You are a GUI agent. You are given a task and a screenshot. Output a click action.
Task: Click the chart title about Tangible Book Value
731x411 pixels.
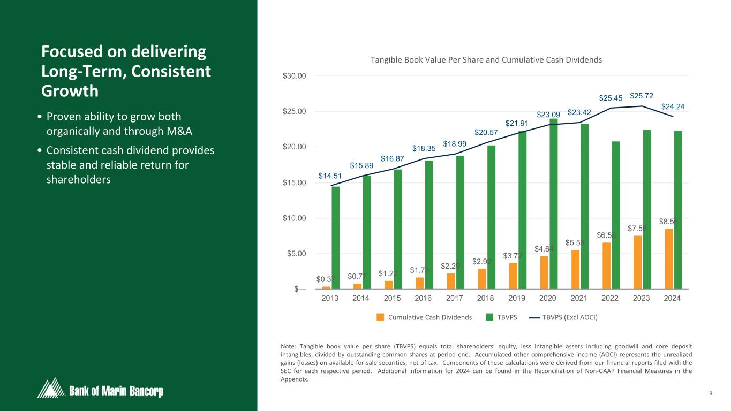click(486, 60)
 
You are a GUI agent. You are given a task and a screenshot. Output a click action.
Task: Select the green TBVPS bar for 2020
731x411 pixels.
click(554, 203)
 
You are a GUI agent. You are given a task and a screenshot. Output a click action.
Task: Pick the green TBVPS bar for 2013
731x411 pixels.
click(336, 238)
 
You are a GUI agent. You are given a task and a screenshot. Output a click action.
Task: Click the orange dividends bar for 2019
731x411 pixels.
click(514, 276)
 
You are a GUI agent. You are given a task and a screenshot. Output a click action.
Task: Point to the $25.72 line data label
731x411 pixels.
click(641, 96)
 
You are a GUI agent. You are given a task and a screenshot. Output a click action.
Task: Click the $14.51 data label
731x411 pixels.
click(329, 176)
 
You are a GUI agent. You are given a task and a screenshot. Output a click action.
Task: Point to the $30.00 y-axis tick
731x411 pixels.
click(295, 75)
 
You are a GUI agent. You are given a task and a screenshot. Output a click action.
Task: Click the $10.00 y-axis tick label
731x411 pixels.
click(295, 218)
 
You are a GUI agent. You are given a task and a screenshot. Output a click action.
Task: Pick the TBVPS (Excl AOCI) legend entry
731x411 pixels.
click(570, 317)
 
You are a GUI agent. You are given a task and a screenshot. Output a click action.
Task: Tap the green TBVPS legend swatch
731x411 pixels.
click(489, 317)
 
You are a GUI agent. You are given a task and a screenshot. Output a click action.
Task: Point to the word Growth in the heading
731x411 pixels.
click(70, 91)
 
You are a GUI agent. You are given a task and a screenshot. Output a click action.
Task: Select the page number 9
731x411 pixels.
click(710, 394)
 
